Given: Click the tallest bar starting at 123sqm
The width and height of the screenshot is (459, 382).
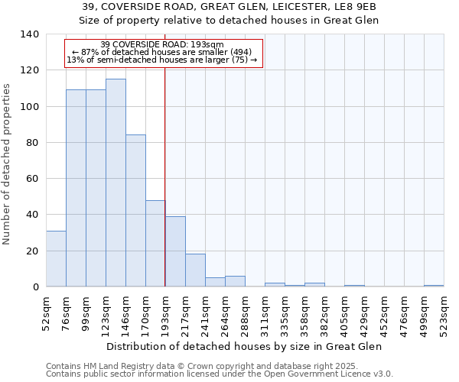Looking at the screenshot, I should point(116,183).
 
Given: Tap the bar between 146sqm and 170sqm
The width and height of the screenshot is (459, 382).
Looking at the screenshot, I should point(135,211).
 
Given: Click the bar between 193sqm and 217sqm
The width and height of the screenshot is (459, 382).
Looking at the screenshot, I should point(175,251).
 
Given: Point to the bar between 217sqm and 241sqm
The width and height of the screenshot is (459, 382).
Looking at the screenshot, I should point(195,270).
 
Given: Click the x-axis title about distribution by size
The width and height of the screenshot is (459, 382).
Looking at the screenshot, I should point(243,347).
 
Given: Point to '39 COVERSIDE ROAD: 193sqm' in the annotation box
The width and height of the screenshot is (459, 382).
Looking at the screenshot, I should point(162,44).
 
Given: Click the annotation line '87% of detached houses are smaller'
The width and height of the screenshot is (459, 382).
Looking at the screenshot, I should point(162,52).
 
